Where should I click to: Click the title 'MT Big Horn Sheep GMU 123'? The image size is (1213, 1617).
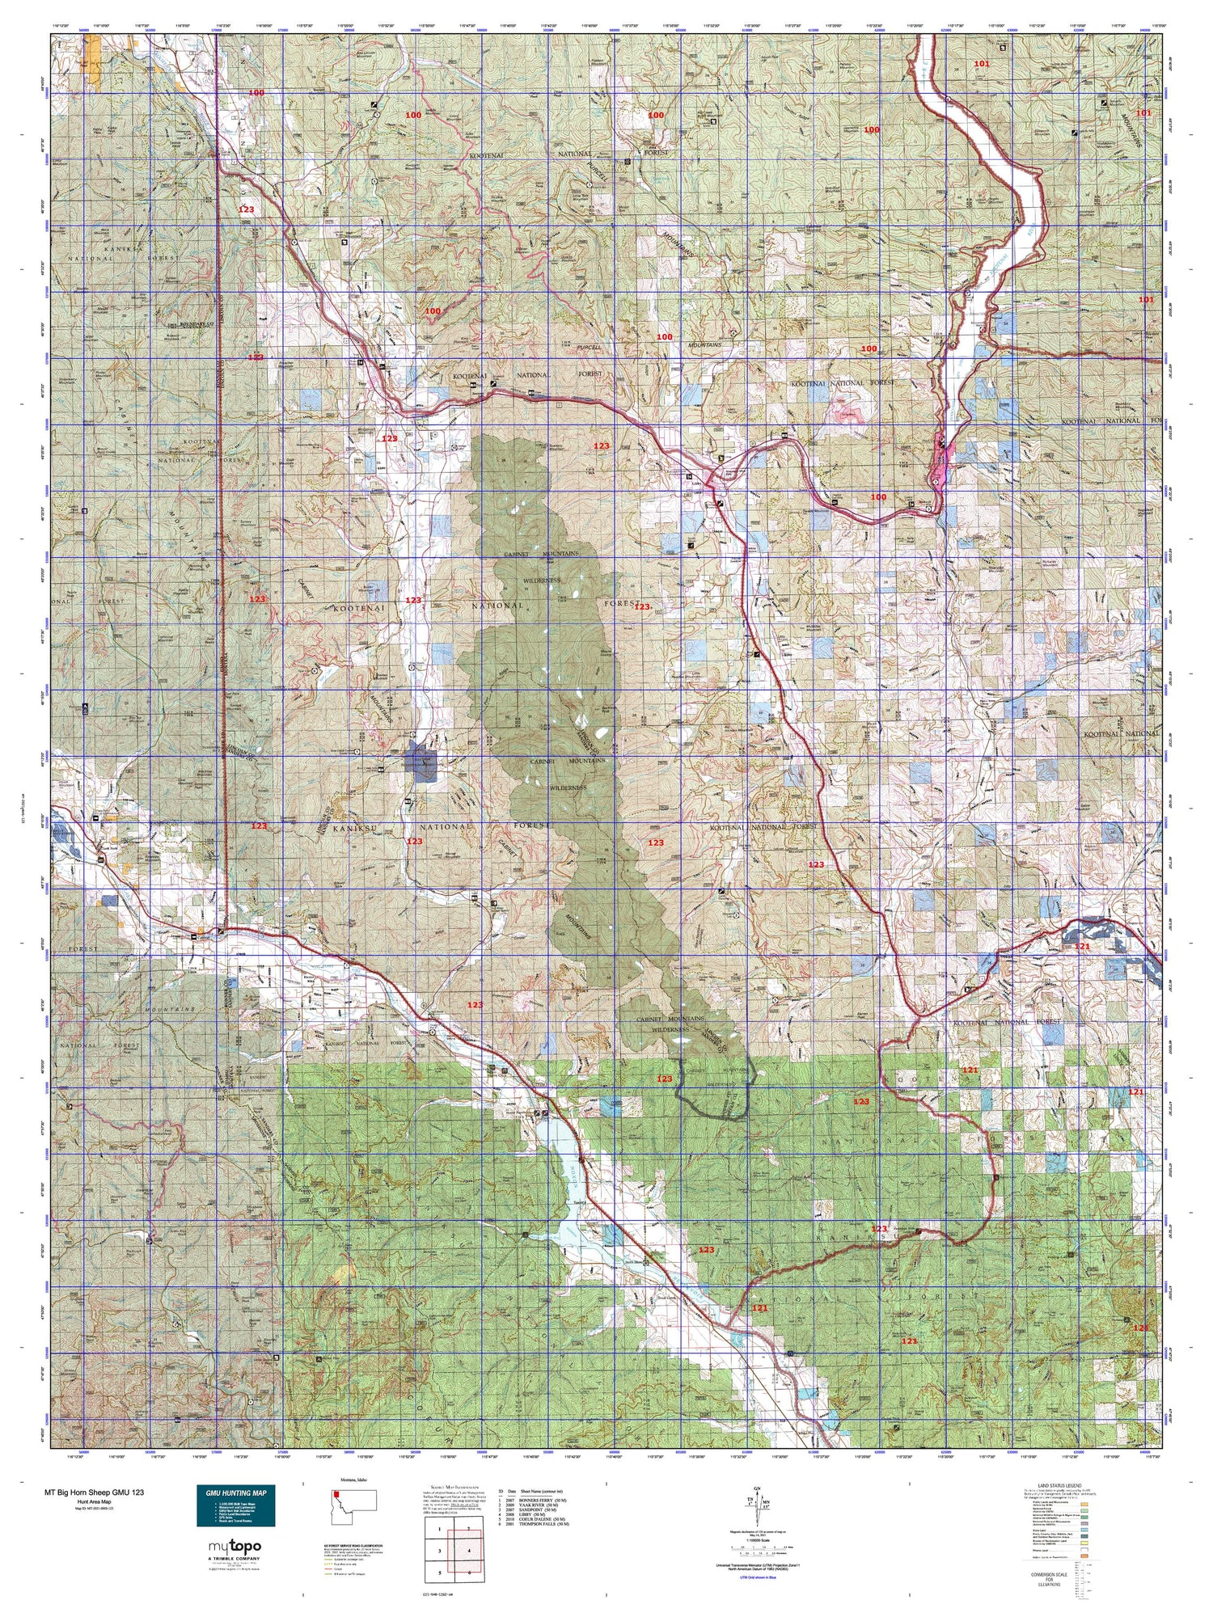click(95, 1492)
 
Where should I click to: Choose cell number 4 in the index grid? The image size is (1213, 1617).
click(469, 1551)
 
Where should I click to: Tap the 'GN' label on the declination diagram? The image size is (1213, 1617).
click(757, 1488)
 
